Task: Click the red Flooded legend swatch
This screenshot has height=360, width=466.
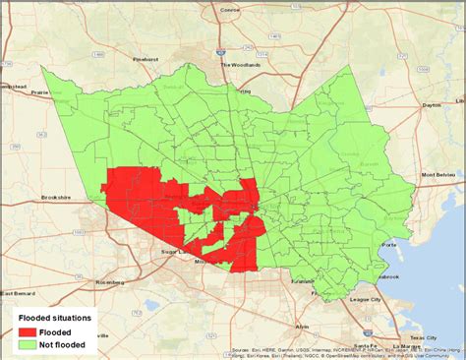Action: [27, 331]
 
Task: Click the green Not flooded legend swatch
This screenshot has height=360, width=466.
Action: [27, 344]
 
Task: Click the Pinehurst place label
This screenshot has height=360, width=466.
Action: [146, 59]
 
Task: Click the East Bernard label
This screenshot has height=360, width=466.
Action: [19, 293]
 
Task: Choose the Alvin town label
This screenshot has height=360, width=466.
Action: [302, 325]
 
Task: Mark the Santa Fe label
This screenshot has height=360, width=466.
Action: [368, 346]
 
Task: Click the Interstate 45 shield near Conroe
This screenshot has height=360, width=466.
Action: [224, 27]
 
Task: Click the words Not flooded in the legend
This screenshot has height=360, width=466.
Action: [62, 344]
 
